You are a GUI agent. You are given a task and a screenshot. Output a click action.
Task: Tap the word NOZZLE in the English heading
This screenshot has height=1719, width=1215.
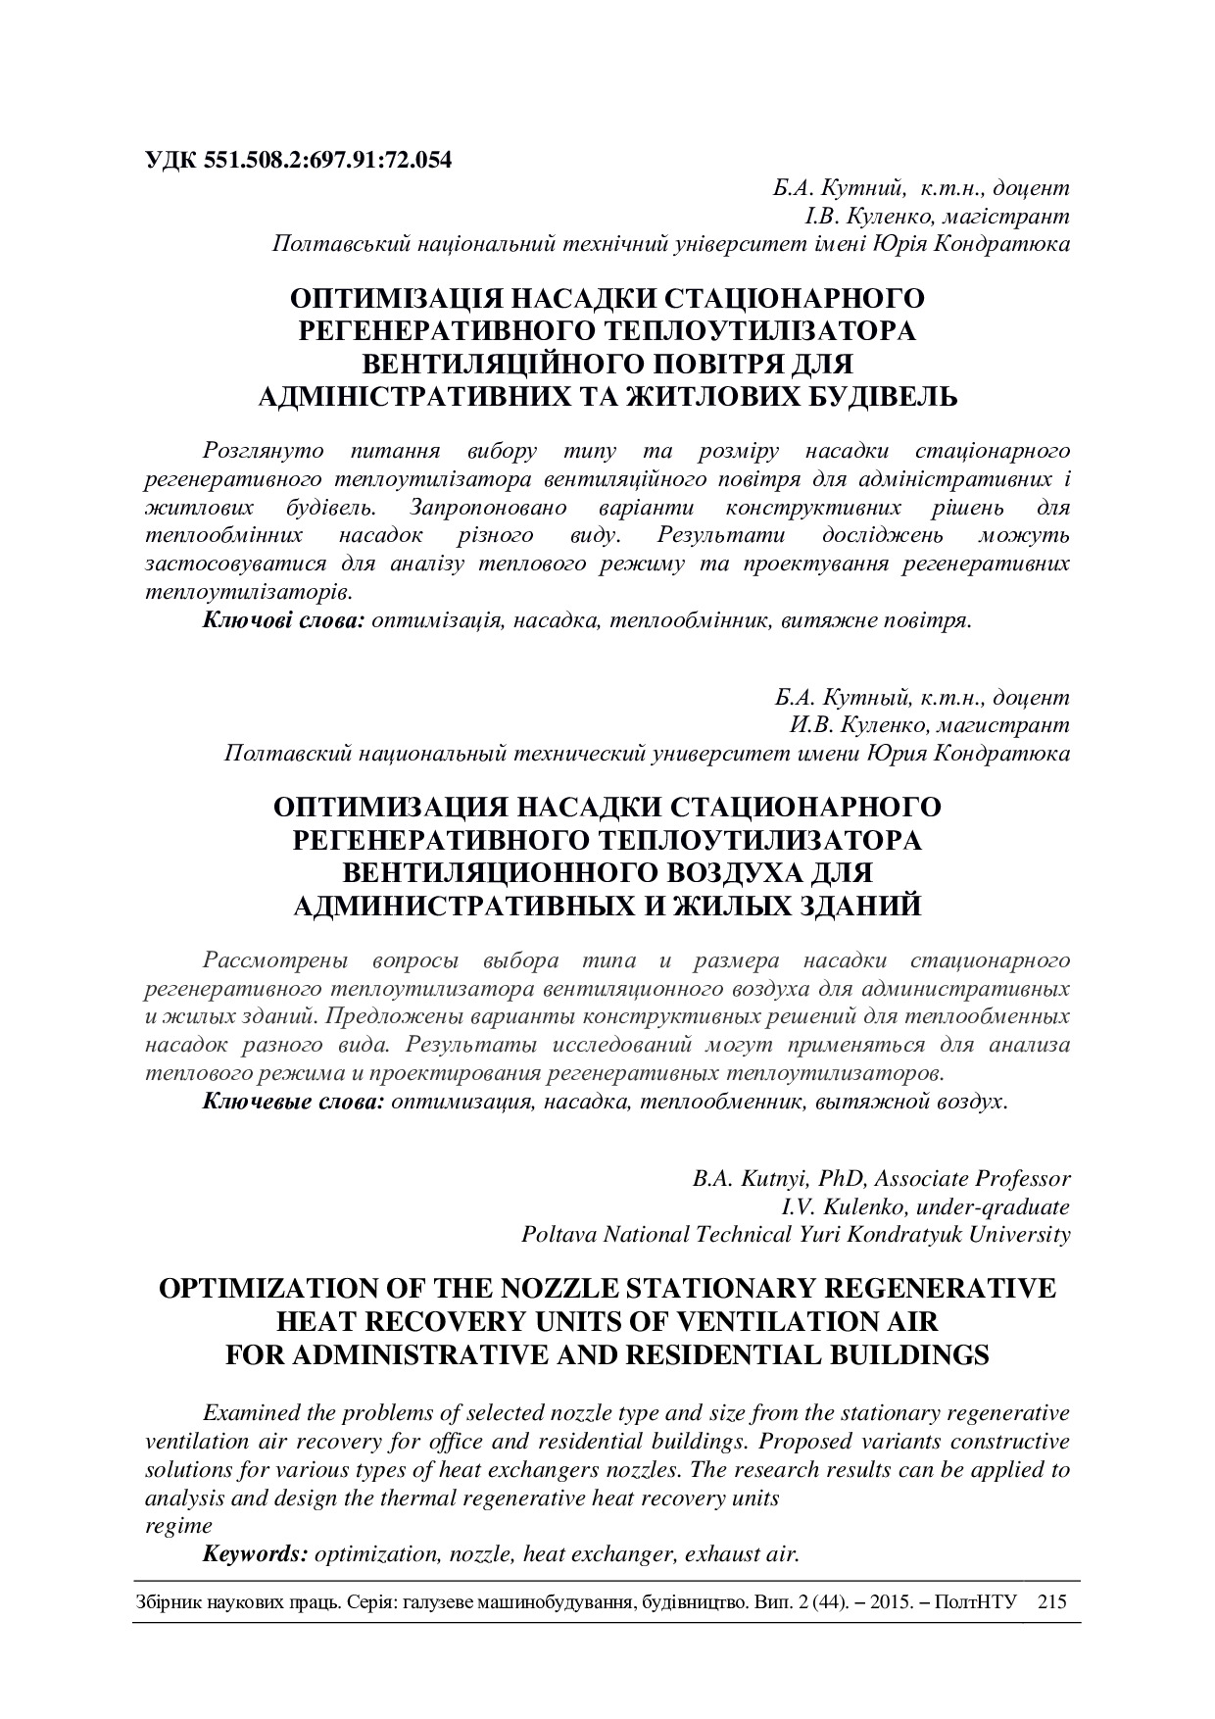tap(562, 1288)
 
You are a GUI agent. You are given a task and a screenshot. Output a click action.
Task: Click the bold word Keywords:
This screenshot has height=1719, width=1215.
tap(256, 1553)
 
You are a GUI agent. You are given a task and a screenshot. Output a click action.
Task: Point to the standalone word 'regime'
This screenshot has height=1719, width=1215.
tap(178, 1525)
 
